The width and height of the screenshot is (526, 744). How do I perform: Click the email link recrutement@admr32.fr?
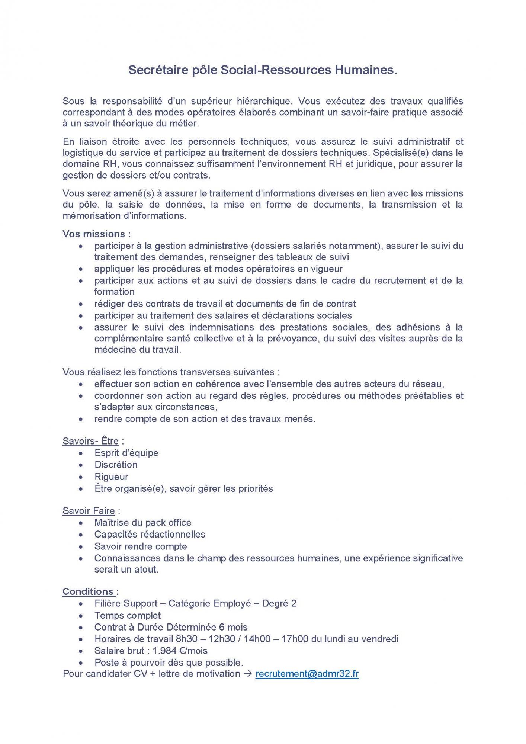point(307,674)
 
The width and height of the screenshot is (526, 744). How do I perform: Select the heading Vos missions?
point(97,234)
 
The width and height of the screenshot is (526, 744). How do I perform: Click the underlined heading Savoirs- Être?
point(91,441)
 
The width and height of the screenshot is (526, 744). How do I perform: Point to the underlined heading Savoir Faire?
point(89,511)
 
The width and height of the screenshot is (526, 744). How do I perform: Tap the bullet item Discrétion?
point(116,465)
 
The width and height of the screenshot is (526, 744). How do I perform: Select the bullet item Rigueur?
point(111,477)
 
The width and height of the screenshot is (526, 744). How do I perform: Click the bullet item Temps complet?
point(128,615)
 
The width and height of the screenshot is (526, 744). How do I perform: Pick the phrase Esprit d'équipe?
point(126,453)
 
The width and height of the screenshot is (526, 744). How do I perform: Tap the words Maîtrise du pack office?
point(143,522)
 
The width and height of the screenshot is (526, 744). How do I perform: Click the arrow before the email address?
point(248,674)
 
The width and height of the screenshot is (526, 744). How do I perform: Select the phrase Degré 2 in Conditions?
point(279,603)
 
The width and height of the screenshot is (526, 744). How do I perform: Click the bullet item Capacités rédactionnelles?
point(150,534)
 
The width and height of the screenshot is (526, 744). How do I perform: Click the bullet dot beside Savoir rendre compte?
point(81,547)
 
